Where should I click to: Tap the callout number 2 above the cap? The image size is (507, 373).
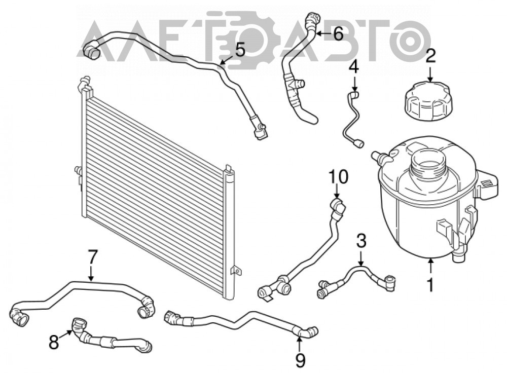430,56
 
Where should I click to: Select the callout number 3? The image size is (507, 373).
361,241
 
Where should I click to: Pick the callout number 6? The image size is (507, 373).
338,33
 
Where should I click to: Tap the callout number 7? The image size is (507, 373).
92,257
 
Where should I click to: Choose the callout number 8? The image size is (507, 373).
54,342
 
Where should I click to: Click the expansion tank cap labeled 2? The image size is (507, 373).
429,100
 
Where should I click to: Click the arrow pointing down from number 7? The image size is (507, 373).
91,273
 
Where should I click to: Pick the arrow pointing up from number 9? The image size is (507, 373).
300,345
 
